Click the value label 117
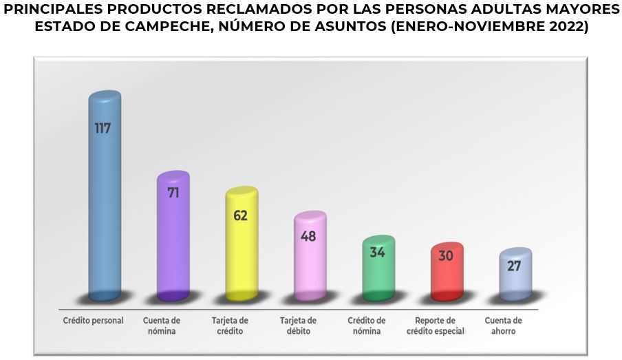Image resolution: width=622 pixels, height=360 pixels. click(103, 128)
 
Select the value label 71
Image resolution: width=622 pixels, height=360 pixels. click(173, 193)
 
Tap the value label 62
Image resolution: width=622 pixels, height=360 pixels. click(240, 215)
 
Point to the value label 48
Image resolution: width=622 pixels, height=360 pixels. click(309, 235)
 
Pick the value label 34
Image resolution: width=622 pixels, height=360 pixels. click(377, 252)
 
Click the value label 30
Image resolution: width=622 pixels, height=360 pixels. click(446, 256)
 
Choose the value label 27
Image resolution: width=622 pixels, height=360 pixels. click(514, 266)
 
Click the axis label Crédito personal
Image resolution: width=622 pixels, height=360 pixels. click(93, 321)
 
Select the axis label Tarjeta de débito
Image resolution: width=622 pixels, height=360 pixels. click(298, 326)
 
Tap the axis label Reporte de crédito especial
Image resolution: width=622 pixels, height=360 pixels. click(436, 326)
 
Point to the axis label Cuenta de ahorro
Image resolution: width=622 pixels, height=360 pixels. click(503, 326)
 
